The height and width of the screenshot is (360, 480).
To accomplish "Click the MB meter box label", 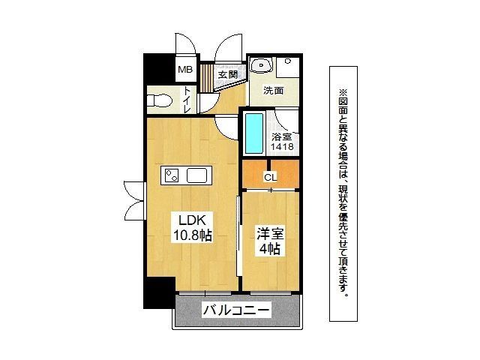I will pyautogui.click(x=184, y=70).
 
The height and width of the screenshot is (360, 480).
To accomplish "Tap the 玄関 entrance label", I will pyautogui.click(x=228, y=74).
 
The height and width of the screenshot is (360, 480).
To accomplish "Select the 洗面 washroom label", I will pyautogui.click(x=273, y=91).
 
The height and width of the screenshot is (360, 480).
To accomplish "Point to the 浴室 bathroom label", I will pyautogui.click(x=281, y=137).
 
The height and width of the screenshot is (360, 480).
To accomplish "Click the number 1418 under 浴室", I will pyautogui.click(x=282, y=148).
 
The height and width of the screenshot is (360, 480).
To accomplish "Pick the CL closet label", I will pyautogui.click(x=270, y=178).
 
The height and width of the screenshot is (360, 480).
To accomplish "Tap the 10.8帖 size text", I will pyautogui.click(x=193, y=235).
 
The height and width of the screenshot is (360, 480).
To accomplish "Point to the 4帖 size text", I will pyautogui.click(x=269, y=249).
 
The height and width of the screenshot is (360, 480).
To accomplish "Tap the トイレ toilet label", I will pyautogui.click(x=186, y=98).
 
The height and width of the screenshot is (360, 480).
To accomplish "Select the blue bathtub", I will pyautogui.click(x=254, y=133).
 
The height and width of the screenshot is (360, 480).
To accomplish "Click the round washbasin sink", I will pyautogui.click(x=261, y=66).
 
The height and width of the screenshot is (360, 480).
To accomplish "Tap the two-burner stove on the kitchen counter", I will pyautogui.click(x=172, y=176).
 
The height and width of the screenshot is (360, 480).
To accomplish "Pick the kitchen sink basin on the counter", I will pyautogui.click(x=197, y=176).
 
